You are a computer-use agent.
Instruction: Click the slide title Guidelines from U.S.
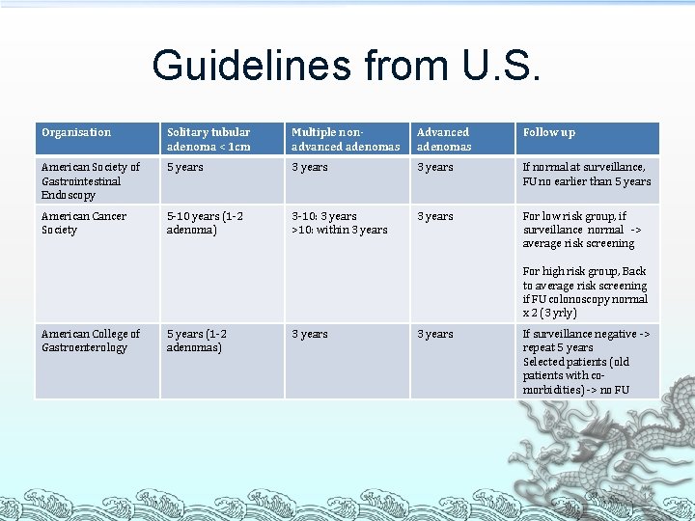coord(347,66)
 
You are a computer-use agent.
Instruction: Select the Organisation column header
coord(76,132)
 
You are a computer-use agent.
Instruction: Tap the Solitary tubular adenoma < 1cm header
coord(208,139)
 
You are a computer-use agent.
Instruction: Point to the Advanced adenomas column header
coord(443,139)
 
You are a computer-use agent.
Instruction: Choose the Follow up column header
coord(548,132)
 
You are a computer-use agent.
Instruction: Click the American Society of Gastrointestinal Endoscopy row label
coord(90,180)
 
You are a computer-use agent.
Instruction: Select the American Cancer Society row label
coord(83,223)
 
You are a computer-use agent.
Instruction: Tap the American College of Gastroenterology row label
coord(90,341)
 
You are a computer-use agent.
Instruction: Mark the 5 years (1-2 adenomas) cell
coord(197,341)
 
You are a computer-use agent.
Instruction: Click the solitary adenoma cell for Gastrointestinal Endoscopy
coord(185,168)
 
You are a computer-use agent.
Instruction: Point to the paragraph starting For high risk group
coord(585,292)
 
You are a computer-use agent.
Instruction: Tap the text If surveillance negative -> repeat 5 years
coord(586,341)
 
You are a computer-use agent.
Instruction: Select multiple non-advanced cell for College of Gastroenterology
coord(310,334)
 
